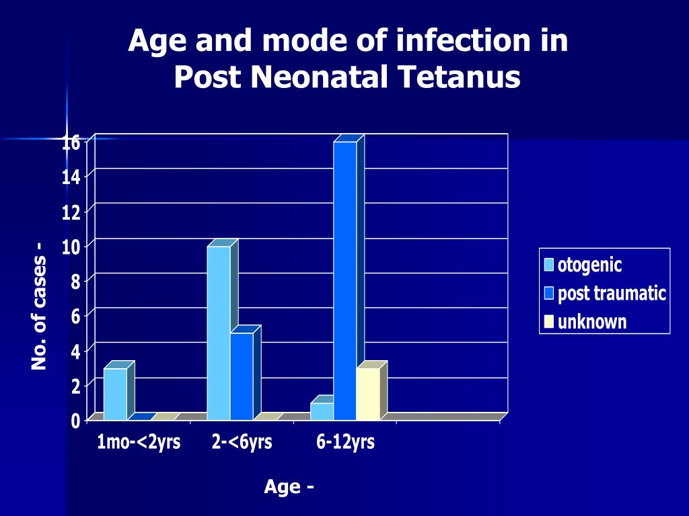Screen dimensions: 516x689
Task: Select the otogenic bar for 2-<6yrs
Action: pyautogui.click(x=219, y=333)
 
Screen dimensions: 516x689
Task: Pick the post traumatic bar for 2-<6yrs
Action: pyautogui.click(x=242, y=376)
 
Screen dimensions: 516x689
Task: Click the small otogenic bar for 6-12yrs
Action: pyautogui.click(x=322, y=411)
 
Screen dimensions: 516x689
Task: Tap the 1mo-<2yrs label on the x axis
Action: pyautogui.click(x=139, y=442)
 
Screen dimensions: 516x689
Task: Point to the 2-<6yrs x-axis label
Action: pyautogui.click(x=242, y=442)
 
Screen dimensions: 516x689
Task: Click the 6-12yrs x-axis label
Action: pyautogui.click(x=345, y=442)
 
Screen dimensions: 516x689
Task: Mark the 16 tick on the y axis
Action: pyautogui.click(x=71, y=142)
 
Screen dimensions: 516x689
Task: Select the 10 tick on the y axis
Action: pyautogui.click(x=71, y=246)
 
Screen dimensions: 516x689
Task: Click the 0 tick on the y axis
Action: pyautogui.click(x=75, y=421)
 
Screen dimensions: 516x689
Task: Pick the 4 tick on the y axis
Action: pyautogui.click(x=75, y=351)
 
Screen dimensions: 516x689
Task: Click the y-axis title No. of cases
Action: pyautogui.click(x=38, y=306)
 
